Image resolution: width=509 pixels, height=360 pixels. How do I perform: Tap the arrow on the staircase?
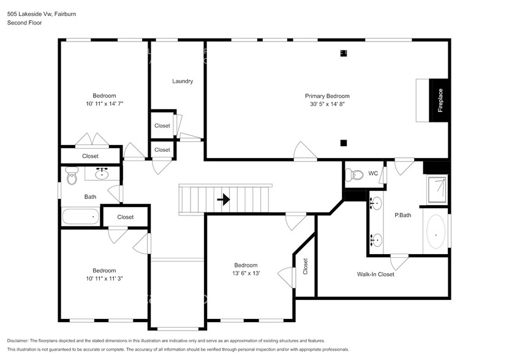(223, 199)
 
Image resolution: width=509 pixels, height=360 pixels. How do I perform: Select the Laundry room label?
(183, 81)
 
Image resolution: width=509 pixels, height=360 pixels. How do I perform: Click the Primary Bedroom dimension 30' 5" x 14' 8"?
(327, 105)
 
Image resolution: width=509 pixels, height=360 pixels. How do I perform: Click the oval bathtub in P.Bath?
(435, 232)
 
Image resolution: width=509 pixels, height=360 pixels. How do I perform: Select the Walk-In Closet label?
(375, 274)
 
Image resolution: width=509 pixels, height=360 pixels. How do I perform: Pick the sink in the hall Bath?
(102, 175)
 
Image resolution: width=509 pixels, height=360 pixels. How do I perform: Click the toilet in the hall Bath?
(72, 178)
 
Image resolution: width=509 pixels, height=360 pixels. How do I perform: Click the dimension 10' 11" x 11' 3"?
(104, 279)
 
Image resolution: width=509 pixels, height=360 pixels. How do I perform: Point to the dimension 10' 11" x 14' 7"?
(104, 104)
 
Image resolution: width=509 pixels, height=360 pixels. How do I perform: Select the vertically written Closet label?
(305, 266)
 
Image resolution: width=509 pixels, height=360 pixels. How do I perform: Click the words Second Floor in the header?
(25, 23)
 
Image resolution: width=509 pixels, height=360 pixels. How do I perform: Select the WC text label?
(373, 174)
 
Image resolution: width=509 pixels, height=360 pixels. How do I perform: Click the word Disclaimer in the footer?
(21, 340)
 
